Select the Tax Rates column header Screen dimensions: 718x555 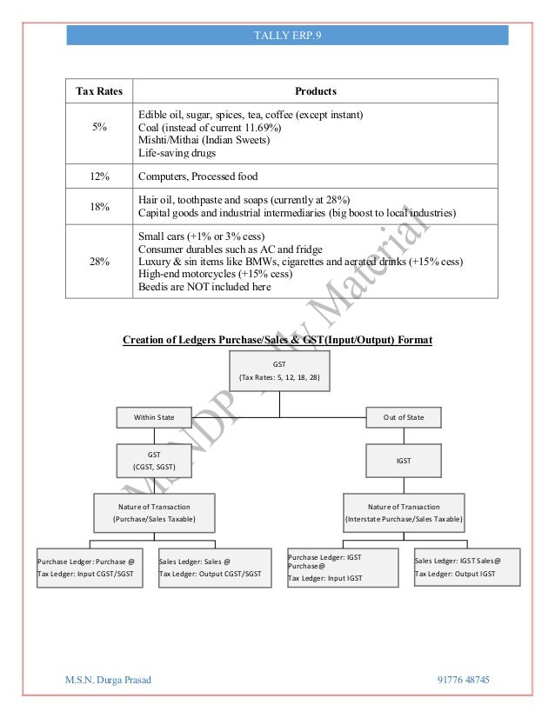[x=99, y=91]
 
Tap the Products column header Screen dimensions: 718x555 [x=315, y=91]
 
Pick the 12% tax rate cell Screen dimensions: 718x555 [x=99, y=176]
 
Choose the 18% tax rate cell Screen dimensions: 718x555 [x=99, y=205]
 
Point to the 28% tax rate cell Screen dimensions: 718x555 [x=99, y=261]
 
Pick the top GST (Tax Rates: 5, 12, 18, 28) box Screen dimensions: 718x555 [x=278, y=371]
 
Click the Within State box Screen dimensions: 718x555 [x=153, y=417]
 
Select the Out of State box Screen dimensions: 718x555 [x=404, y=417]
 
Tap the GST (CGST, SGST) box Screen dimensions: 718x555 [x=153, y=460]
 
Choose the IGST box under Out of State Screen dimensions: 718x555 [x=404, y=460]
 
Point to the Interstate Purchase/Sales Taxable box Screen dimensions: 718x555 [x=404, y=513]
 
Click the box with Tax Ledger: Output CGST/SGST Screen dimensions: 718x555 [x=210, y=568]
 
